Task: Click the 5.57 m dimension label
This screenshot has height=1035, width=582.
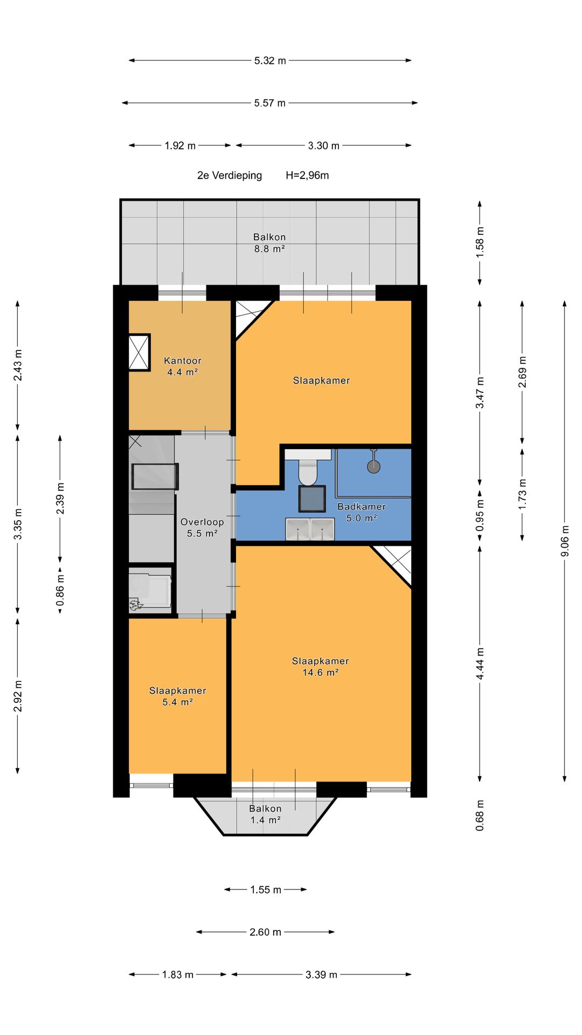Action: (269, 103)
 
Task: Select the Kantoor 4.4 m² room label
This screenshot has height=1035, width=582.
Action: (183, 366)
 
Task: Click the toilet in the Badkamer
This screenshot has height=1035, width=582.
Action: (308, 471)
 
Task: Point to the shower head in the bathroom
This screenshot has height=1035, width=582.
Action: (373, 465)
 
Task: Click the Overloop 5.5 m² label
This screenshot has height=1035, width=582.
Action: (202, 527)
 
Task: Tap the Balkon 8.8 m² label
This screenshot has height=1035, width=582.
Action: (269, 243)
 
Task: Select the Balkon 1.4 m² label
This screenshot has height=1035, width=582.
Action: (265, 814)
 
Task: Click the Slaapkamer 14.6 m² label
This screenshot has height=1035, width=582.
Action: (320, 666)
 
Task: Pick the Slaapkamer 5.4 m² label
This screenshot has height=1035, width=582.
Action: (177, 696)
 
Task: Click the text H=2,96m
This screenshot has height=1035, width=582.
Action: (307, 175)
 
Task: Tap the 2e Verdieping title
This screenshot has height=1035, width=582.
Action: (230, 175)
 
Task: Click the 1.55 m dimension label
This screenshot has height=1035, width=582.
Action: (266, 889)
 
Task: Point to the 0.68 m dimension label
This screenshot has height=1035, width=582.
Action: (480, 815)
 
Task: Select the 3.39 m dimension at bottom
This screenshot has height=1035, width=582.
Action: (321, 975)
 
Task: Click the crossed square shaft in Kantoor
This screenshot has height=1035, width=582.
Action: (139, 353)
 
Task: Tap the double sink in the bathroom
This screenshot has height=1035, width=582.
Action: (310, 529)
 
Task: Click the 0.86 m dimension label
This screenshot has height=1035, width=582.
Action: (60, 590)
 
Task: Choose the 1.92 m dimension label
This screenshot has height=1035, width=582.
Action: (180, 146)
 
